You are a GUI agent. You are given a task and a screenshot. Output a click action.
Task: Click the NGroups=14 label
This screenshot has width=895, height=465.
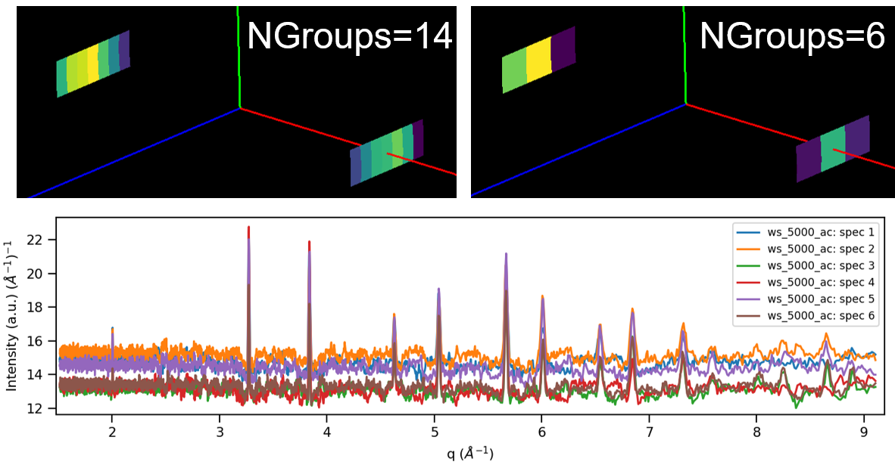click(x=350, y=36)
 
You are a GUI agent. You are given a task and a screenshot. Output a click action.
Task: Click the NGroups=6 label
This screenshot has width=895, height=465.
click(x=792, y=36)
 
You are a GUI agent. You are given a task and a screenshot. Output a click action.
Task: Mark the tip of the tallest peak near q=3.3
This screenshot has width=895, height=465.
click(x=248, y=227)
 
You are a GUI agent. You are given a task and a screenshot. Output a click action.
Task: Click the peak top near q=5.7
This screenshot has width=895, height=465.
click(x=506, y=254)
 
